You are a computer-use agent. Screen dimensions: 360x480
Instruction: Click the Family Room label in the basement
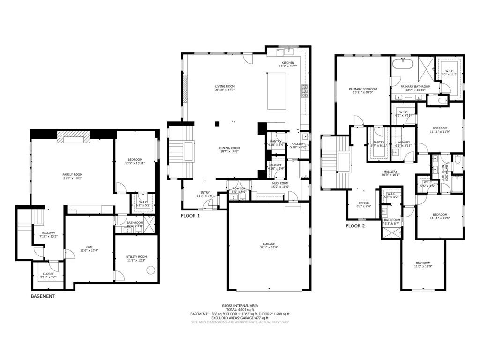click(72, 175)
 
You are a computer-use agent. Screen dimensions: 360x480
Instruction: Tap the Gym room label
click(89, 247)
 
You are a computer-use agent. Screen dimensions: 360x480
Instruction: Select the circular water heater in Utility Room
click(151, 270)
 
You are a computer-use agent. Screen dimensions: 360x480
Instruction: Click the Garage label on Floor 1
click(269, 244)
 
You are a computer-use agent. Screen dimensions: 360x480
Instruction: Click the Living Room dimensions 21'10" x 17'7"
click(225, 90)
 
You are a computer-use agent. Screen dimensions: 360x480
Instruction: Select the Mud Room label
click(280, 183)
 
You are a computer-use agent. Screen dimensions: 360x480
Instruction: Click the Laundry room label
click(403, 142)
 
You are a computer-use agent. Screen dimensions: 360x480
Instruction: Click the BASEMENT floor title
click(43, 296)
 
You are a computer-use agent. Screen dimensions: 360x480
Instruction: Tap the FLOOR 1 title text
click(190, 216)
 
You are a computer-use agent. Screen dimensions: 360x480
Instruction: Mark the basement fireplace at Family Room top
click(73, 136)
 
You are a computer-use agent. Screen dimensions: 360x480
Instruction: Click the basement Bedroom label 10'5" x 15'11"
click(135, 160)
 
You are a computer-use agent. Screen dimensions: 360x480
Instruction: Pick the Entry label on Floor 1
click(205, 192)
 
